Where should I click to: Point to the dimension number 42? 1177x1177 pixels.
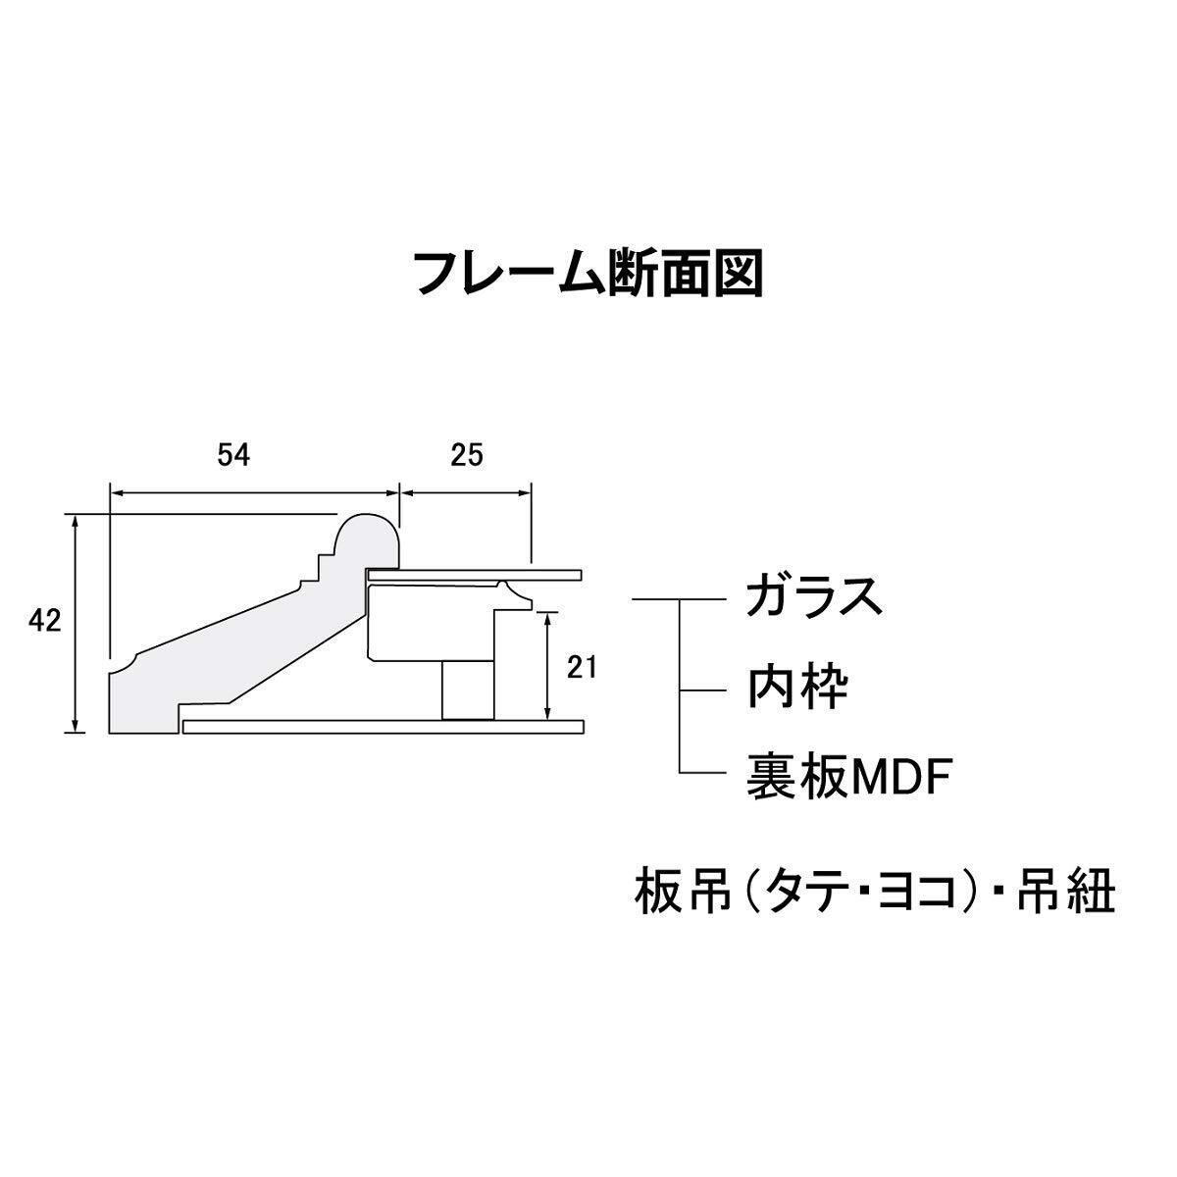point(45,622)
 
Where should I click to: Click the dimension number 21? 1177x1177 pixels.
point(582,667)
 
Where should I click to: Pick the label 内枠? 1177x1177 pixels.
point(796,689)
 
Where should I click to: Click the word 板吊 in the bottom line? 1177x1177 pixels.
point(678,894)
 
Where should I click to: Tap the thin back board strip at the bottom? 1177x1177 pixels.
point(383,727)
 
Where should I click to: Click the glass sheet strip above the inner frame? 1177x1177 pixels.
point(476,573)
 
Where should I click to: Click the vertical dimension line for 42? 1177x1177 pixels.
point(76,622)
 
